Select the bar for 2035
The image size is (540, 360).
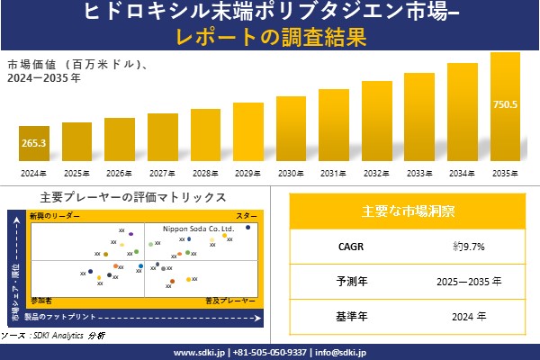pyautogui.click(x=505, y=108)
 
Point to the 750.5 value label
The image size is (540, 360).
pyautogui.click(x=505, y=104)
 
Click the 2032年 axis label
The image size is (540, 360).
pyautogui.click(x=377, y=173)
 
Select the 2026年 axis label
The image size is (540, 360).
pyautogui.click(x=120, y=173)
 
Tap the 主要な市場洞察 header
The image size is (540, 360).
pyautogui.click(x=408, y=211)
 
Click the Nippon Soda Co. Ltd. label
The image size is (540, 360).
pyautogui.click(x=198, y=229)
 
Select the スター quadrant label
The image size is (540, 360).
pyautogui.click(x=247, y=217)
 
